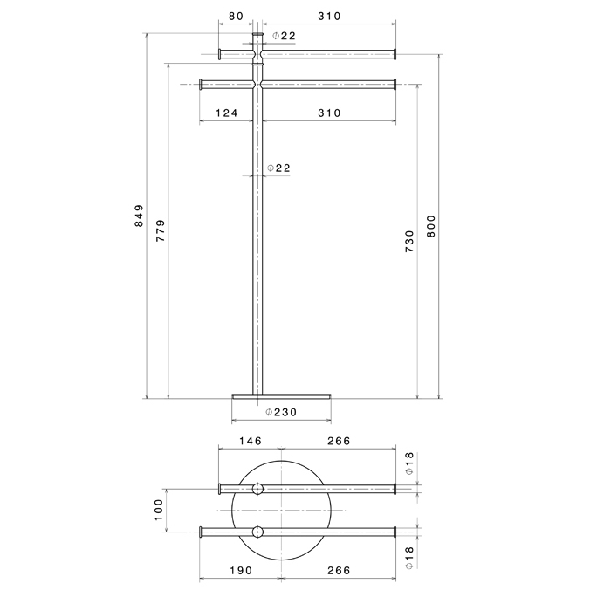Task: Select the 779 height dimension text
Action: coord(161,231)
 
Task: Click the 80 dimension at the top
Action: coord(236,16)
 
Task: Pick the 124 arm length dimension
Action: coord(226,113)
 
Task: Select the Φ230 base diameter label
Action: coord(281,412)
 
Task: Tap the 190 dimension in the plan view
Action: coord(241,570)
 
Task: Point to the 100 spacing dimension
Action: coord(159,510)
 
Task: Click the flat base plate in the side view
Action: coord(282,395)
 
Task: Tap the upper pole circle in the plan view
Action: coord(257,489)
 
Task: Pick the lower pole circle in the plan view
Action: coord(257,532)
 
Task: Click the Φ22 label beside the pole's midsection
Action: coord(278,168)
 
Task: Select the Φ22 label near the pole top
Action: coord(284,35)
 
